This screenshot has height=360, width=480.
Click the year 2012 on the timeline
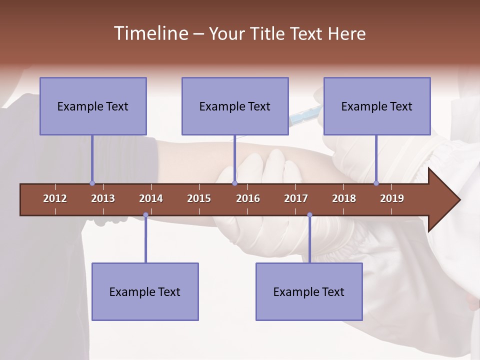[x=55, y=198]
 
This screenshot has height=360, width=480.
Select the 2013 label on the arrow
[x=103, y=198]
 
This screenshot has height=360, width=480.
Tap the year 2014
[x=151, y=198]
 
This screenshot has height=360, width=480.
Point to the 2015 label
[x=199, y=198]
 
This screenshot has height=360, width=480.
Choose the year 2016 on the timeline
[x=248, y=198]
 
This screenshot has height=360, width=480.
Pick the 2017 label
[x=296, y=198]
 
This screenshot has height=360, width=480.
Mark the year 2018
[x=344, y=198]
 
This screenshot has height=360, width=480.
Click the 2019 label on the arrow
[x=392, y=198]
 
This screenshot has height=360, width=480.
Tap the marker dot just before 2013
[x=92, y=183]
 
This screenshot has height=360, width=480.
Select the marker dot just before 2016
[x=234, y=183]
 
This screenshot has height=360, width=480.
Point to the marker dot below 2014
[x=145, y=215]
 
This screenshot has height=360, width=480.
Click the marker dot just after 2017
[x=309, y=215]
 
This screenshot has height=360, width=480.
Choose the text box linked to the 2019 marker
[x=377, y=106]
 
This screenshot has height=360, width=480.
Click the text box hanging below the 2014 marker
[x=145, y=291]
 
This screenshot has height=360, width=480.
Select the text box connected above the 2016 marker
[x=235, y=106]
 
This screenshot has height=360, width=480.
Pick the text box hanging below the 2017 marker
[x=309, y=291]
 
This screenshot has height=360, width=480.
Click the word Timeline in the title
[x=150, y=33]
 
